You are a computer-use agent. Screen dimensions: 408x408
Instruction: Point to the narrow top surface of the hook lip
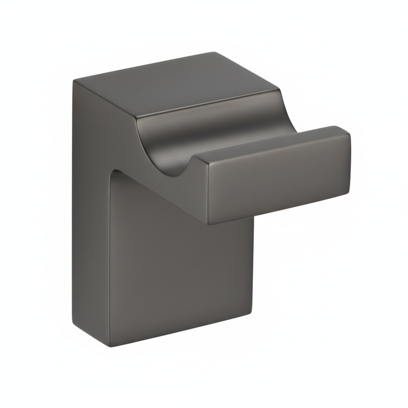[270, 143]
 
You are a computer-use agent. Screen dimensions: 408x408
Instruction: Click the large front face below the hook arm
[178, 270]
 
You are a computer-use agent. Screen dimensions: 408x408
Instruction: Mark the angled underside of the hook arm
[163, 194]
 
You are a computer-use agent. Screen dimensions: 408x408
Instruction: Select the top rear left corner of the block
[74, 81]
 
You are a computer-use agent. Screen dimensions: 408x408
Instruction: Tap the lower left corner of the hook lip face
[209, 223]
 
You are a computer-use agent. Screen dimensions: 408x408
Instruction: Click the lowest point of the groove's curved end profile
[176, 175]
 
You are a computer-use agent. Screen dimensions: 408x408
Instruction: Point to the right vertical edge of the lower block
[253, 265]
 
